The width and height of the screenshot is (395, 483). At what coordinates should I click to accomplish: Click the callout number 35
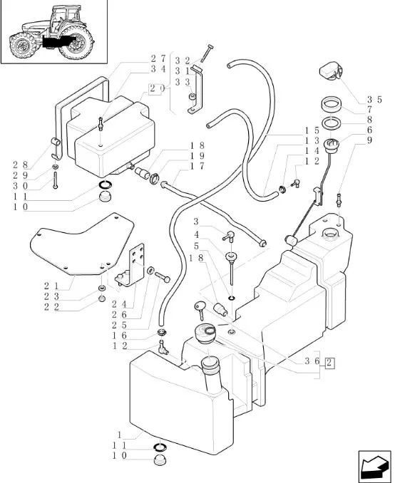pyautogui.click(x=374, y=100)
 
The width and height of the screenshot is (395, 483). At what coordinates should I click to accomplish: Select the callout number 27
pyautogui.click(x=158, y=58)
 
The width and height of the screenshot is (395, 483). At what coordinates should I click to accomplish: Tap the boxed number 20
pyautogui.click(x=155, y=89)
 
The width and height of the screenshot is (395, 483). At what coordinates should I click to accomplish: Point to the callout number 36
pyautogui.click(x=312, y=361)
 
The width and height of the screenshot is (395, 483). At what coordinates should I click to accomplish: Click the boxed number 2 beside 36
pyautogui.click(x=329, y=363)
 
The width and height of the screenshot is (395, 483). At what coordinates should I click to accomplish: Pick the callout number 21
pyautogui.click(x=51, y=286)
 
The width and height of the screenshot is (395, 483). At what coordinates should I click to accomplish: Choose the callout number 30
pyautogui.click(x=21, y=186)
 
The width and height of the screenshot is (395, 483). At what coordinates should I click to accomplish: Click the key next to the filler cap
pyautogui.click(x=200, y=310)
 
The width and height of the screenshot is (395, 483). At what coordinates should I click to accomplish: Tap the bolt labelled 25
pyautogui.click(x=163, y=277)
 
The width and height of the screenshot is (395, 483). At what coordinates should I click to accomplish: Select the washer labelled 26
pyautogui.click(x=151, y=271)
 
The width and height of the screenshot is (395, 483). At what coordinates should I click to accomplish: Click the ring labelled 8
pyautogui.click(x=331, y=123)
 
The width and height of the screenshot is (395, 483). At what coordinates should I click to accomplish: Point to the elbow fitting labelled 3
pyautogui.click(x=228, y=236)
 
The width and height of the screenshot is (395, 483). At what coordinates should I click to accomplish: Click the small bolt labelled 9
pyautogui.click(x=339, y=199)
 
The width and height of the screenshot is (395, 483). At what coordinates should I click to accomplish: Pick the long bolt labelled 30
pyautogui.click(x=55, y=180)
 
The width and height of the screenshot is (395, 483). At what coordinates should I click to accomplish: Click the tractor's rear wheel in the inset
pyautogui.click(x=76, y=43)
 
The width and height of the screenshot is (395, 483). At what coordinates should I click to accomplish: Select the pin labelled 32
pyautogui.click(x=207, y=53)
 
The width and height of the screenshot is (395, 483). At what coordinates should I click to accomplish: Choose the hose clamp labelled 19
pyautogui.click(x=155, y=178)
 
